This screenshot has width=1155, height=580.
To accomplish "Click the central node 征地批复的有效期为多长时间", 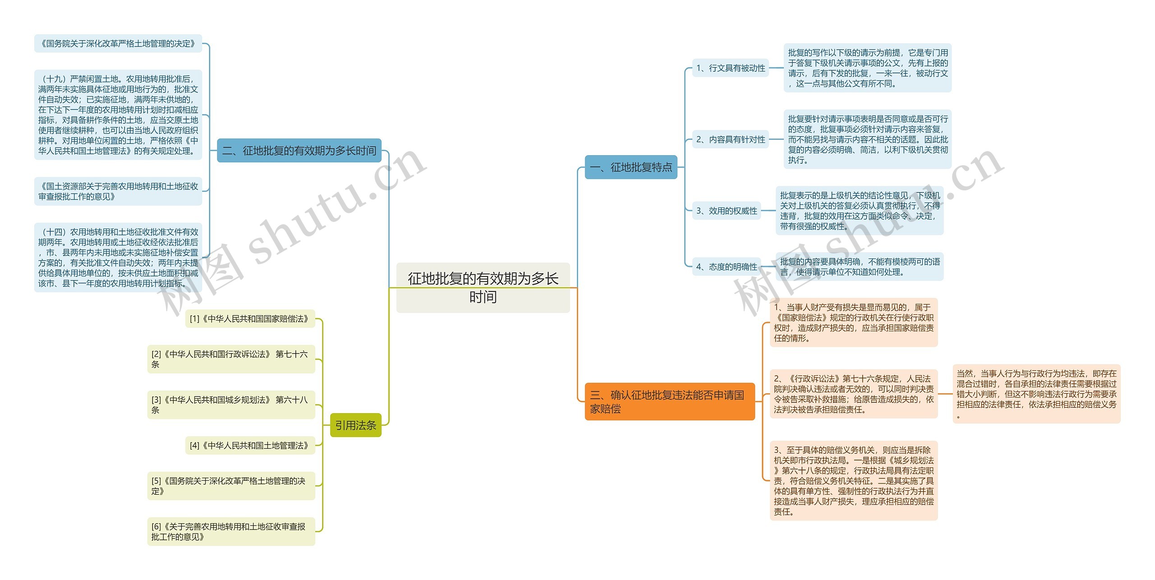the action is point(483,287).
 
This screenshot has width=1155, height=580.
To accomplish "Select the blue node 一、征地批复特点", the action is point(631,167).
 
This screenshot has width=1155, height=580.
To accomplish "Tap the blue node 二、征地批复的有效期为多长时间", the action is point(299,151).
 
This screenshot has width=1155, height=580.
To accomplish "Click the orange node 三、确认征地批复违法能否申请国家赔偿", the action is point(669,401).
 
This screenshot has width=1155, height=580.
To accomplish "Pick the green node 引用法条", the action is point(356,425).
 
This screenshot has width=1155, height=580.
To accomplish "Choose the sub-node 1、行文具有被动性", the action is point(730,68).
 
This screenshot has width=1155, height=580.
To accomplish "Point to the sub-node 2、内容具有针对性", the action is point(730,139).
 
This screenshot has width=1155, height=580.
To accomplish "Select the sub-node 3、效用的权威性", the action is point(726,211).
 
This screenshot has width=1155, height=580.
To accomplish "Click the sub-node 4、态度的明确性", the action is point(726,267).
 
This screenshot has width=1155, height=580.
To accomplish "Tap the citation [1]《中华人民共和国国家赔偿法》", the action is point(249,319).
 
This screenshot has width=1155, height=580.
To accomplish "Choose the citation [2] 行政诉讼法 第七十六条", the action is point(231,359).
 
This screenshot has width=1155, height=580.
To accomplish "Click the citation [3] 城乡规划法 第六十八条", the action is point(231,405).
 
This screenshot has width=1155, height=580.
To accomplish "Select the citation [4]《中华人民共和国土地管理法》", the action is point(249,446).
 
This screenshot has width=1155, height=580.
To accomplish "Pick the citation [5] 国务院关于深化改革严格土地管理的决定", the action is point(231,486).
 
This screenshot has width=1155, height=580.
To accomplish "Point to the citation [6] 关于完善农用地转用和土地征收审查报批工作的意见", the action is point(231,531).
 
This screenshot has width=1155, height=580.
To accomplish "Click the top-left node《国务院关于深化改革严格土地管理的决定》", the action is point(118,44).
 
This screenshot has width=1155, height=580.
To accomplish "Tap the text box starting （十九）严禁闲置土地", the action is point(118,115).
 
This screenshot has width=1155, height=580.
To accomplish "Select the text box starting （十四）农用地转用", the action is point(118,258).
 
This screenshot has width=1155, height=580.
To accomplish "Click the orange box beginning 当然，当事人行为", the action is point(1036,394).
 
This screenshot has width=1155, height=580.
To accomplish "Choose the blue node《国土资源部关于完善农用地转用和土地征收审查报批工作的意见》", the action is point(118,191).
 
